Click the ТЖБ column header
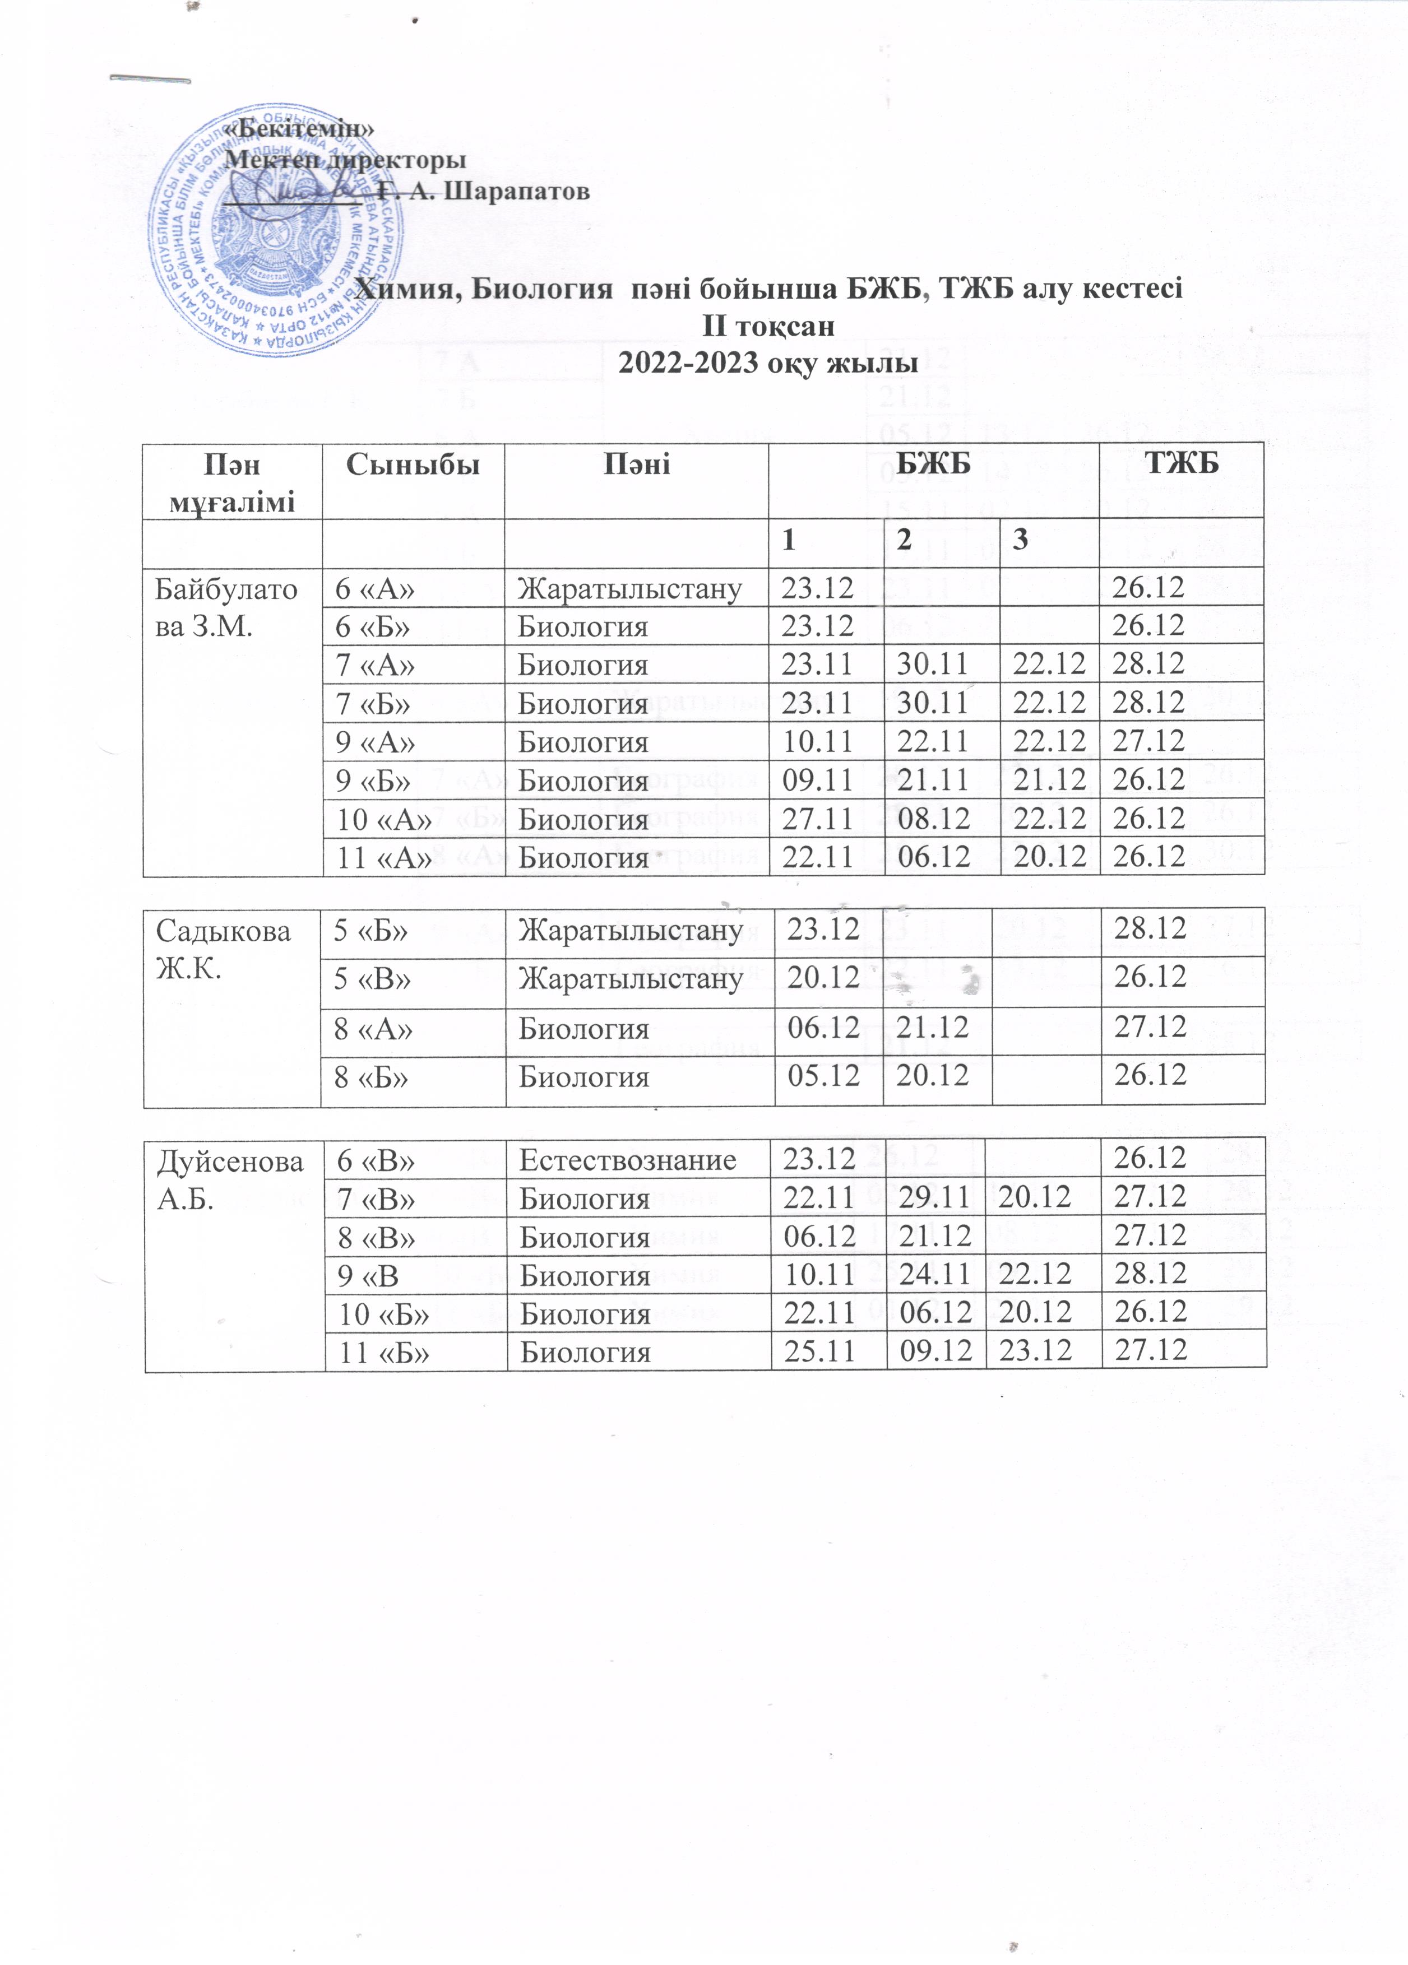pyautogui.click(x=1182, y=464)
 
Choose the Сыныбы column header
pyautogui.click(x=413, y=465)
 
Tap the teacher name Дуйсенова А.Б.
pyautogui.click(x=230, y=1177)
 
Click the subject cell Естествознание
pyautogui.click(x=627, y=1159)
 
